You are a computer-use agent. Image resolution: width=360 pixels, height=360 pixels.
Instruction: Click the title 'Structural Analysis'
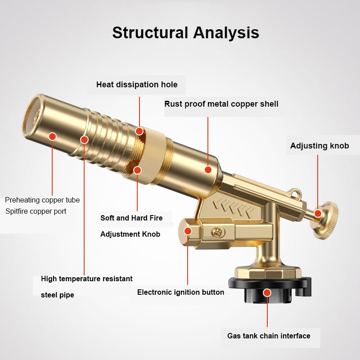coord(185,32)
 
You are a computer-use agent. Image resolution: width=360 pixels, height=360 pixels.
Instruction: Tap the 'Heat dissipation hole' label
coord(137,85)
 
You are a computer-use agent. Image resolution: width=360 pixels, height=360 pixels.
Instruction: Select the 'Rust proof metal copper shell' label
coord(221,104)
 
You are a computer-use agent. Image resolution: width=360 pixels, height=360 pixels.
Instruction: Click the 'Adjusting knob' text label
coord(319,145)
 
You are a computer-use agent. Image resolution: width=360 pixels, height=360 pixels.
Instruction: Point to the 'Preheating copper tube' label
coord(42,200)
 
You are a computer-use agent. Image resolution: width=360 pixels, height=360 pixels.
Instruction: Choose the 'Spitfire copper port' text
coord(36,211)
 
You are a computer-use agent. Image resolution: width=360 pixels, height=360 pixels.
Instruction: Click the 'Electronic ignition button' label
coord(181,292)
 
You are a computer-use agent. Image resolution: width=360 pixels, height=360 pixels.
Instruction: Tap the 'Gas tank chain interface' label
coord(269,336)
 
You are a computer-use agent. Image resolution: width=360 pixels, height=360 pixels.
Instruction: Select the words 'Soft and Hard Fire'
coord(131,218)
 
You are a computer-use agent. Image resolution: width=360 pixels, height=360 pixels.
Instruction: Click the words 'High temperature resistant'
coord(87,279)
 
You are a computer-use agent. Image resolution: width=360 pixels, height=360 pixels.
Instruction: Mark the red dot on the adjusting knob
coord(318,213)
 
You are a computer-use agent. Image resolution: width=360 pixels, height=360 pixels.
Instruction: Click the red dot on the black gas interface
coord(267,293)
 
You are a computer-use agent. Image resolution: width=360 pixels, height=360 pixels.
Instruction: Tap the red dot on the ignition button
coord(188,231)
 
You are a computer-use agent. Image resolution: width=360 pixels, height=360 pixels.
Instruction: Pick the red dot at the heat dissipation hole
coord(139,131)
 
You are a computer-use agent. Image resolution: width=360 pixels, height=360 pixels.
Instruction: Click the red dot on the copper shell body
coord(208,170)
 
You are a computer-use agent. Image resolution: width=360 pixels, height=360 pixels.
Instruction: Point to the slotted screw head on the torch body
coord(217,232)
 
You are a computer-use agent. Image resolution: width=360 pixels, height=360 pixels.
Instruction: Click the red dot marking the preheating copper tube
coord(53,136)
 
